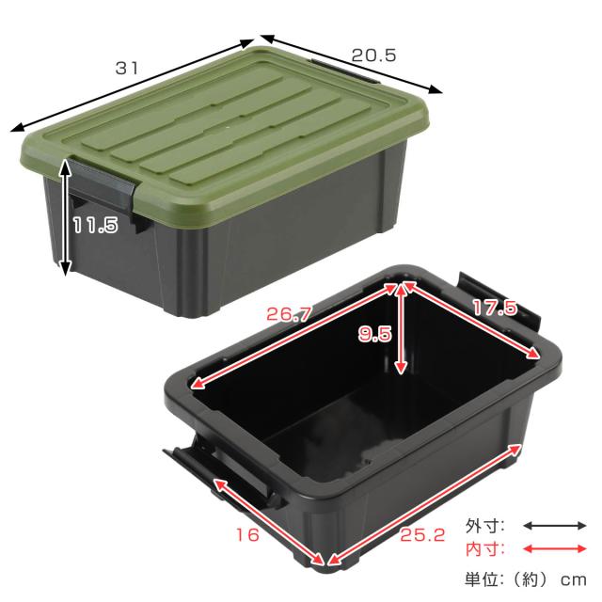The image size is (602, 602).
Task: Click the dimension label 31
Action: pos(126,69)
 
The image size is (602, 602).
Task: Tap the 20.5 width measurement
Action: pos(373,55)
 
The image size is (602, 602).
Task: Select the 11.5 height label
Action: pos(96,225)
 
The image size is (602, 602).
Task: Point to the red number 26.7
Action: pos(288,314)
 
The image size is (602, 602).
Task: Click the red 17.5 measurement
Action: pos(495,308)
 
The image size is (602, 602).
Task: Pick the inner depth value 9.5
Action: pos(374,334)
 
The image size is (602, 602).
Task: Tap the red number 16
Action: pos(247,535)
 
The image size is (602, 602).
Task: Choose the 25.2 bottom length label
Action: pos(422,535)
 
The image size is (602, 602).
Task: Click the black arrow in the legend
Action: pos(555,526)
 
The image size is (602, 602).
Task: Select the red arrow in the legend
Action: pos(555,549)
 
